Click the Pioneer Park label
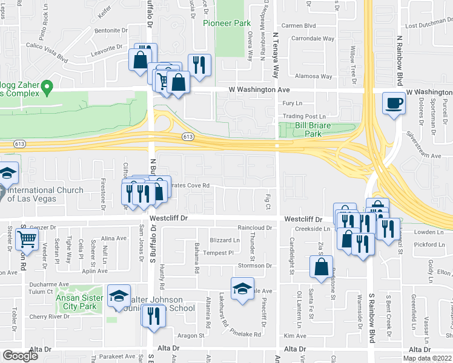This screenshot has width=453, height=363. [226, 23]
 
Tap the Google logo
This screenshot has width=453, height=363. [20, 356]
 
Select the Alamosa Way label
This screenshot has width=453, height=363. [318, 77]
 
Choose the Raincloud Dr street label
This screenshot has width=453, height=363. [256, 228]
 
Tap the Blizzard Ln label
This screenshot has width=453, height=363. [225, 240]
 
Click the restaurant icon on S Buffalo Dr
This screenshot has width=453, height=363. [154, 315]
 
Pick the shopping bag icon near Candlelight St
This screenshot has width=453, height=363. [321, 267]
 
